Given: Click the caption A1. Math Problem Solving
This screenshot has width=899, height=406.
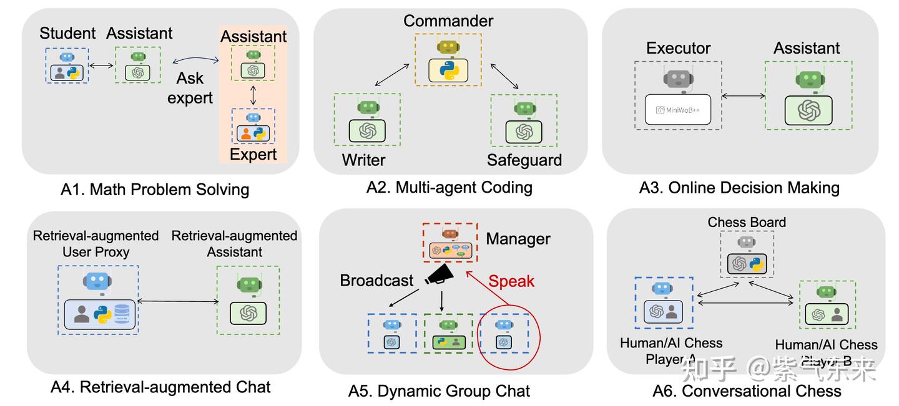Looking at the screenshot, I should click(154, 190).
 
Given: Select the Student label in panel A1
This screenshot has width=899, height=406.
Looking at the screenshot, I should click(67, 34).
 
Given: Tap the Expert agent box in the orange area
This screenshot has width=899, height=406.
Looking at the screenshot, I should click(253, 127).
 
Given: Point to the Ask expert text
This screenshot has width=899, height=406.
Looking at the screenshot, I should click(190, 88).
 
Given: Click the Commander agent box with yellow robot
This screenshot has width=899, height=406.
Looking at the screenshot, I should click(448, 60).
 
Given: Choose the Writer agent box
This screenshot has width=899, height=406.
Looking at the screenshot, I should click(366, 119).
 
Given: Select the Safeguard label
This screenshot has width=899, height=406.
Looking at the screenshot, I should click(524, 160).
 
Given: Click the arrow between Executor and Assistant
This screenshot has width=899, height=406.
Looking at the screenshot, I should click(744, 96).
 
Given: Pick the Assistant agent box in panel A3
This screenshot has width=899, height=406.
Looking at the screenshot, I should click(808, 95).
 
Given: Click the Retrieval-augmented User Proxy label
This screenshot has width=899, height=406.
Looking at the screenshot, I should click(96, 244).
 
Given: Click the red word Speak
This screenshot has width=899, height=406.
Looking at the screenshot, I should click(511, 281).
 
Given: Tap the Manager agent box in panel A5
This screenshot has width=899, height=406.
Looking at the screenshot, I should click(449, 243).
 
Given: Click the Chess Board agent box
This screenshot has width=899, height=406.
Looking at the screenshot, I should click(747, 254).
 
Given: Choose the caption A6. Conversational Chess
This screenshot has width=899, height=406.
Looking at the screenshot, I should click(747, 391).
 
